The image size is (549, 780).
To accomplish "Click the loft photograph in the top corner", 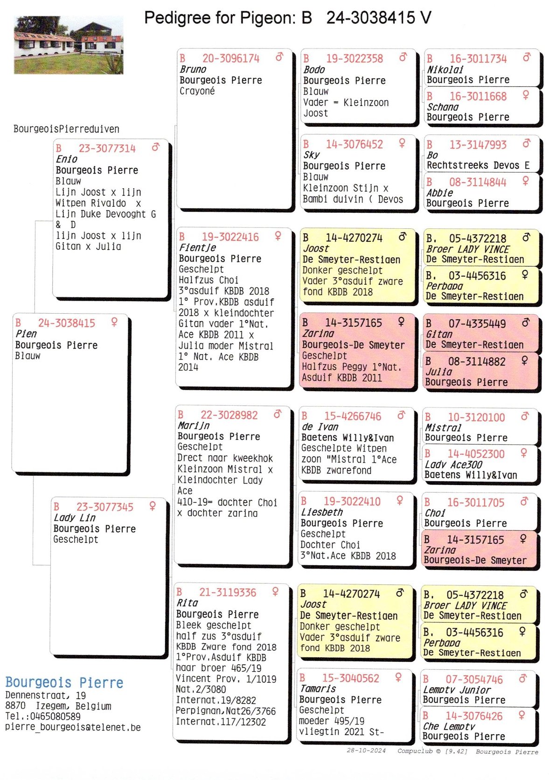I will point(69,45).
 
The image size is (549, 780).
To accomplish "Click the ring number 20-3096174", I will point(230,58).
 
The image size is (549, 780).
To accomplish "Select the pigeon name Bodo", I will point(314,70).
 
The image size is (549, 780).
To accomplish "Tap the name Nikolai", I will point(445,70).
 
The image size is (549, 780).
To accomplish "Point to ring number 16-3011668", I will point(478,96).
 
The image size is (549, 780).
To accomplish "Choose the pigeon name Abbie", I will point(439,193).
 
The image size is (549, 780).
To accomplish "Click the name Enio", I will point(67,159).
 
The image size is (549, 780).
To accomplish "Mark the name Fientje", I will point(197,248).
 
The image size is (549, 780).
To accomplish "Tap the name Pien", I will point(26,334).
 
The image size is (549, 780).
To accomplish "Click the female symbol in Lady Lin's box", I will point(152,506).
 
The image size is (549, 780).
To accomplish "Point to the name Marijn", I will point(194,426).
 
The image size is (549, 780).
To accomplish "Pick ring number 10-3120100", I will point(476,417).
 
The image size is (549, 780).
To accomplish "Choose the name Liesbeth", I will point(322,512).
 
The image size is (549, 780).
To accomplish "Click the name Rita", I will point(187,603).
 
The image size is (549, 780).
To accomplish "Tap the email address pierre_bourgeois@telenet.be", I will point(73,727).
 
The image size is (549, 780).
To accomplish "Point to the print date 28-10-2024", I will point(366,751).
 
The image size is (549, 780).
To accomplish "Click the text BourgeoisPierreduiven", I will point(66,129).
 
